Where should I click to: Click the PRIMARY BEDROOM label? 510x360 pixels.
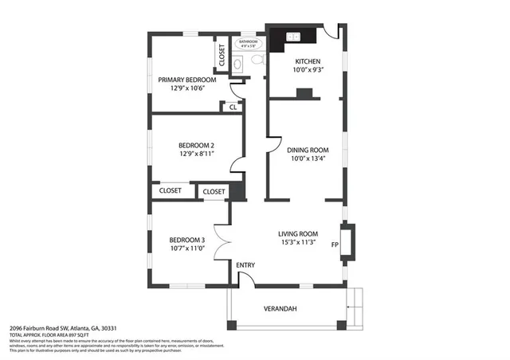tap(186, 80)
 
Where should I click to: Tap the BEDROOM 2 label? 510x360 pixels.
tap(196, 145)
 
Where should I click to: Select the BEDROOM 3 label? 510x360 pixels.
tap(186, 240)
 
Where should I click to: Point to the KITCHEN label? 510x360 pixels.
tap(308, 61)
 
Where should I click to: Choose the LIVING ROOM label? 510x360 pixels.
tap(298, 233)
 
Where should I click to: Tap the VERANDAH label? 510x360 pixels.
tap(280, 309)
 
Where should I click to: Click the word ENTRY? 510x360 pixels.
tap(245, 264)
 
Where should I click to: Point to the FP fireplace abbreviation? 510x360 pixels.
tap(335, 245)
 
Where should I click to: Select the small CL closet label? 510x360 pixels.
tap(233, 107)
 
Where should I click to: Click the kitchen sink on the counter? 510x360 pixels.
tap(292, 37)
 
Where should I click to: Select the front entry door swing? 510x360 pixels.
tap(245, 277)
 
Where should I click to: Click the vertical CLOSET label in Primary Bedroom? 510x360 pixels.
tap(222, 55)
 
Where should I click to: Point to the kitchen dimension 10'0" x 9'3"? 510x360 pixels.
tap(308, 70)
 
